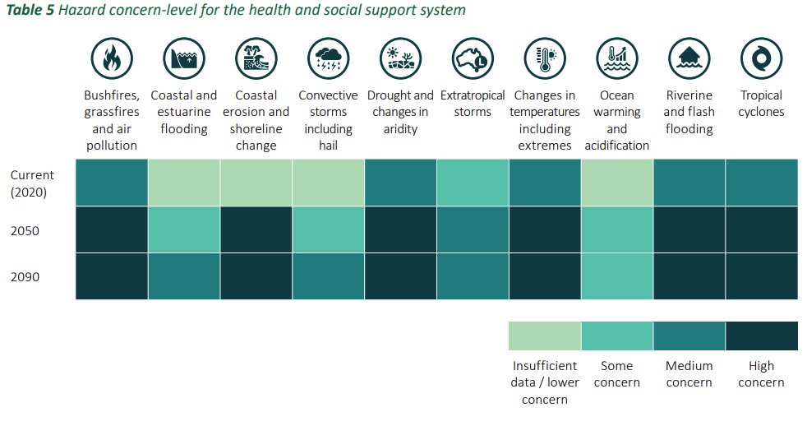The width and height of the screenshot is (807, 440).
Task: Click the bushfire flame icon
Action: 111,58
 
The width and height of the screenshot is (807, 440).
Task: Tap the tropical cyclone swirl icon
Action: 761,58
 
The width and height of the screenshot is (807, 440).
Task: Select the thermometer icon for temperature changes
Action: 544,58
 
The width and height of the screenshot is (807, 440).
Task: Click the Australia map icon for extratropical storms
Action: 472,58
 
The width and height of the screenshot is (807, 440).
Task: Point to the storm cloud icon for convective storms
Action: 328,58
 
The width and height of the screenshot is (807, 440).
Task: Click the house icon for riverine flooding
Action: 689,58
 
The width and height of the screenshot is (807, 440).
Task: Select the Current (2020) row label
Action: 32,183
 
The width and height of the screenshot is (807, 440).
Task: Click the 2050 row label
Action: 25,230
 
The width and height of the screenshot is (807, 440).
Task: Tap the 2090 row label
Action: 25,277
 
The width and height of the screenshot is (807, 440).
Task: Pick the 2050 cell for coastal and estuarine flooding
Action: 184,229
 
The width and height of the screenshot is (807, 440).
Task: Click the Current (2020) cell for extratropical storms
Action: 473,183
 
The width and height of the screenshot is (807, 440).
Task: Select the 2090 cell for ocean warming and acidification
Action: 616,276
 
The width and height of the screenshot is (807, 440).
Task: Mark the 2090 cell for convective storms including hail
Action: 328,276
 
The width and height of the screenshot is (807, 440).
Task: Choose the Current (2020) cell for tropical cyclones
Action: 762,183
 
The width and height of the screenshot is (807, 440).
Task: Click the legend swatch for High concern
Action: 762,336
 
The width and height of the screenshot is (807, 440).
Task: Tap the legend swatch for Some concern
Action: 616,336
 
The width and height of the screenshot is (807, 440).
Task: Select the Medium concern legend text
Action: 689,373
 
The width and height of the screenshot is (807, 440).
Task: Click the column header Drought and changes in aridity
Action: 400,112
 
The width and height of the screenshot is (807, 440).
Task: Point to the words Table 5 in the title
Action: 30,11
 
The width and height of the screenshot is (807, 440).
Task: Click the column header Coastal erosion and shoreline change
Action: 256,120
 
